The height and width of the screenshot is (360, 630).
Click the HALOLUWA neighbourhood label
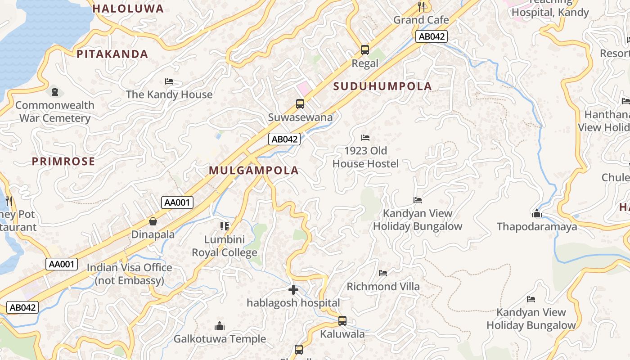tap(128, 9)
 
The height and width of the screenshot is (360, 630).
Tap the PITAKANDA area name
tap(112, 54)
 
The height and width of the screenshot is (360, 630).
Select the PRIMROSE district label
tap(63, 161)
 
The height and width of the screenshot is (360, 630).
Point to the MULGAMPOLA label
tap(254, 170)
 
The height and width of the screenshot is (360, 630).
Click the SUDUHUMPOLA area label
tap(382, 86)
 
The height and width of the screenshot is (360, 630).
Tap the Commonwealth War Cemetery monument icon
tap(55, 92)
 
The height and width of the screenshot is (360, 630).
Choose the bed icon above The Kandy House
tap(169, 81)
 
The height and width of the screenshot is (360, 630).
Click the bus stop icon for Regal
tap(365, 50)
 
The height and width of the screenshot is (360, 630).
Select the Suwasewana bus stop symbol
tap(300, 104)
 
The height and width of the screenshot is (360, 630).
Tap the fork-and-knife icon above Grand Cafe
tap(421, 6)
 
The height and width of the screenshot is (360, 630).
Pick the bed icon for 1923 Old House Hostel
tap(365, 137)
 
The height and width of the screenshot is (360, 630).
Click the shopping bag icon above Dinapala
tap(153, 221)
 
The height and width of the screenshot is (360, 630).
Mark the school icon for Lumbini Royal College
tap(225, 226)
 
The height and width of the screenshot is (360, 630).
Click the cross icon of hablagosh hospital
tap(293, 290)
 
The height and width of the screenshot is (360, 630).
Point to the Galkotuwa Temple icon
tap(220, 325)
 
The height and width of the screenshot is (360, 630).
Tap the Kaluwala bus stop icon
tap(342, 321)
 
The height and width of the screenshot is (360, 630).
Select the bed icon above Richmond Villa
tap(383, 273)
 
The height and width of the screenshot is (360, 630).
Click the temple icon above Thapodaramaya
tap(536, 213)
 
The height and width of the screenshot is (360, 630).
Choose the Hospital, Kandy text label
tap(550, 12)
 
